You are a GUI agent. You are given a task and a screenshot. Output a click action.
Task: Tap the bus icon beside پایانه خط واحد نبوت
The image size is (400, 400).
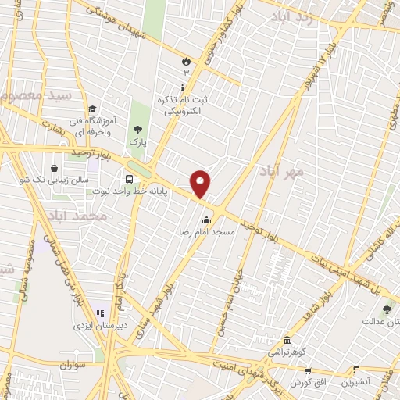pyautogui.click(x=129, y=179)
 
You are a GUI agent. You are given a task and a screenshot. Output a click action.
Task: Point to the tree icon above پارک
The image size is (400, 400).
pyautogui.click(x=138, y=129)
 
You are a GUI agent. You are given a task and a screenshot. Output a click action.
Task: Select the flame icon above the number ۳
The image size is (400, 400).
pyautogui.click(x=186, y=60)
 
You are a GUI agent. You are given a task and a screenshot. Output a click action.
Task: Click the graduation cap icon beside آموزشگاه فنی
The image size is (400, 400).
pyautogui.click(x=92, y=109)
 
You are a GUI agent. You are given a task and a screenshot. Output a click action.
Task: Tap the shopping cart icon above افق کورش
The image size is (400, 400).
pyautogui.click(x=307, y=370)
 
